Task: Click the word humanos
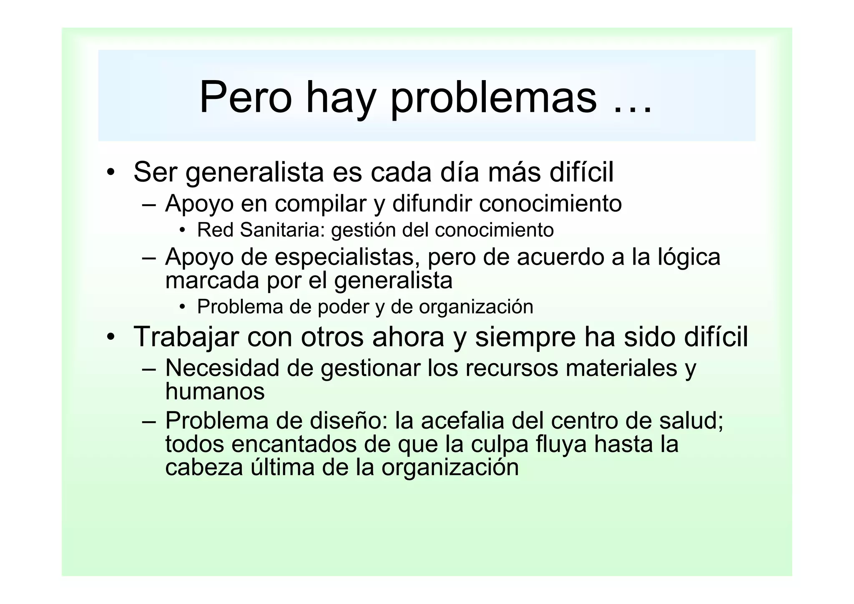[215, 392]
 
